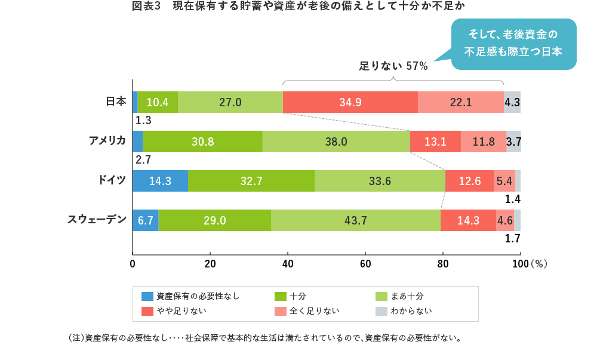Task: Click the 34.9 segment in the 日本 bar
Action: coord(350,102)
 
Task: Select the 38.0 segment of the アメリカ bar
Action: coord(336,141)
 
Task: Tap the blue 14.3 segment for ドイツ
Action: coord(160,181)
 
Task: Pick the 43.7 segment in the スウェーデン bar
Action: coord(356,220)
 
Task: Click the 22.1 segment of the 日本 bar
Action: coord(460,102)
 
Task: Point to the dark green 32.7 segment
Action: coord(251,181)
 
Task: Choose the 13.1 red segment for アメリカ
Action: coord(435,141)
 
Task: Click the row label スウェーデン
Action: coord(97,219)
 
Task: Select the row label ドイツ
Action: coord(112,180)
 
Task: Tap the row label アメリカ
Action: coord(107,140)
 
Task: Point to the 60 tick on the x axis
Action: coord(365,263)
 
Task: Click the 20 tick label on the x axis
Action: coord(210,263)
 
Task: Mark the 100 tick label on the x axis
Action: coord(520,263)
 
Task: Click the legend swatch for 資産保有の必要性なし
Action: coord(147,296)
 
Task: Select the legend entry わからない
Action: coord(411,311)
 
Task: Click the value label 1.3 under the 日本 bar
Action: coord(143,121)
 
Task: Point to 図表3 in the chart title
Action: coord(147,7)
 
